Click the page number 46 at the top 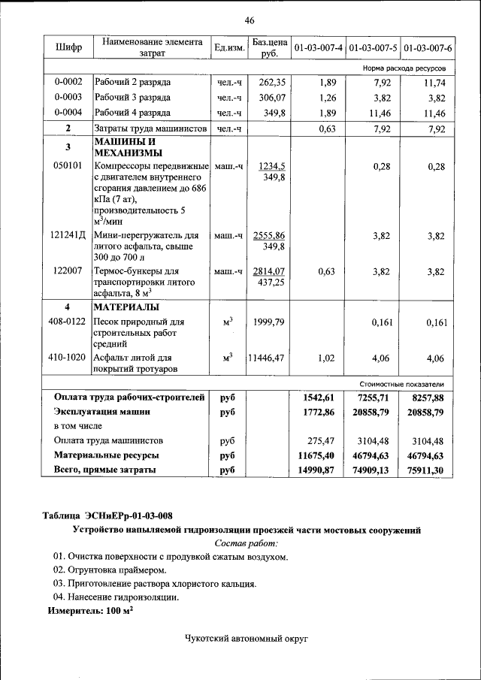249,20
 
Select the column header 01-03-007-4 319,48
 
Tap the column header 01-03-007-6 428,48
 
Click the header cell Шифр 68,48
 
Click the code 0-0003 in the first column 68,98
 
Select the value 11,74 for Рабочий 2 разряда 434,83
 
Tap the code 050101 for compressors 68,167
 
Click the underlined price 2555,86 269,235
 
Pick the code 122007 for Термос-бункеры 68,271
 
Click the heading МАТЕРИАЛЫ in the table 126,307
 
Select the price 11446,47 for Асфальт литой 266,358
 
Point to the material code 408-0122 68,322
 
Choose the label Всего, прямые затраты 105,470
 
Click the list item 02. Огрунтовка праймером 104,570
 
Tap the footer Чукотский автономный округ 247,638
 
